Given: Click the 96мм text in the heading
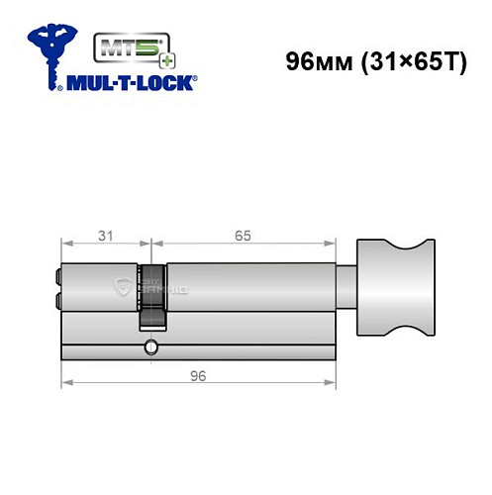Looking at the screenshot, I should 311,61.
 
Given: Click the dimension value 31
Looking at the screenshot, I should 105,235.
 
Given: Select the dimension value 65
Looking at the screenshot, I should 243,235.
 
